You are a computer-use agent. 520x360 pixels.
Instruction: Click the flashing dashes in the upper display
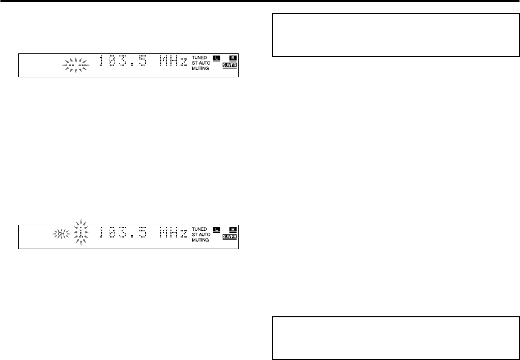pos(75,65)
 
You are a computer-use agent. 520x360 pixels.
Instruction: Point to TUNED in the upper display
pos(199,57)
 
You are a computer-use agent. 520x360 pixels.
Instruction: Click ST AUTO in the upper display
pos(202,64)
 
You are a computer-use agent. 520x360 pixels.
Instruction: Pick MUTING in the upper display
pos(200,69)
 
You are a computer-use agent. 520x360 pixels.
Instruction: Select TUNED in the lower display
pos(199,228)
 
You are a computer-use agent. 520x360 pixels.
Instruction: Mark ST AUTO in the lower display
pos(202,234)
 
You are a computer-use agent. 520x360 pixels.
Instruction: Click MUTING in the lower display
pos(200,240)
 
